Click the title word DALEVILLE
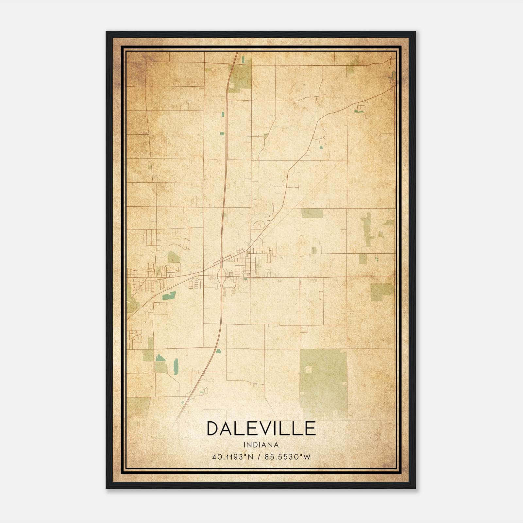click(x=261, y=429)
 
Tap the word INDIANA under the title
click(x=261, y=445)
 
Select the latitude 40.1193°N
click(x=233, y=457)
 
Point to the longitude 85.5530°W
click(x=288, y=457)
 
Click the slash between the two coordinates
click(x=260, y=457)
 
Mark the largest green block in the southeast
click(x=323, y=379)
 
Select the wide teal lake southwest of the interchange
click(x=169, y=296)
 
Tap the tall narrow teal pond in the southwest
click(x=176, y=366)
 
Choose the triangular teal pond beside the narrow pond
click(x=160, y=357)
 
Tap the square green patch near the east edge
click(x=382, y=292)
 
